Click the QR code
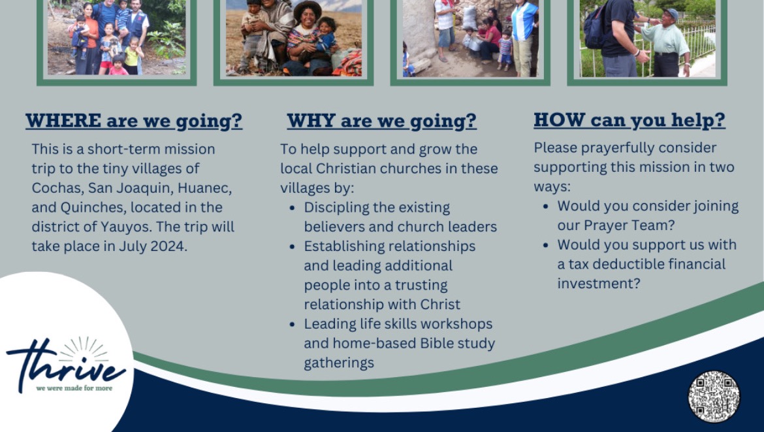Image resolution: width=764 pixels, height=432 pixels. tap(714, 397)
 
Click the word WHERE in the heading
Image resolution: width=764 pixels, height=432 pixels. tap(63, 120)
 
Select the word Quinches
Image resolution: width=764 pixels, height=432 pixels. tap(93, 207)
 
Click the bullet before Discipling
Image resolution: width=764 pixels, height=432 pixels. tap(293, 208)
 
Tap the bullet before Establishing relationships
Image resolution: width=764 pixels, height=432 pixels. tap(293, 247)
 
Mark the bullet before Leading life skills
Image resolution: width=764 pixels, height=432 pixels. tap(293, 324)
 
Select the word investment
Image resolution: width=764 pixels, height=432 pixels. tap(598, 283)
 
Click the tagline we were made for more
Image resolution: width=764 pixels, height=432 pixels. tap(74, 389)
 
